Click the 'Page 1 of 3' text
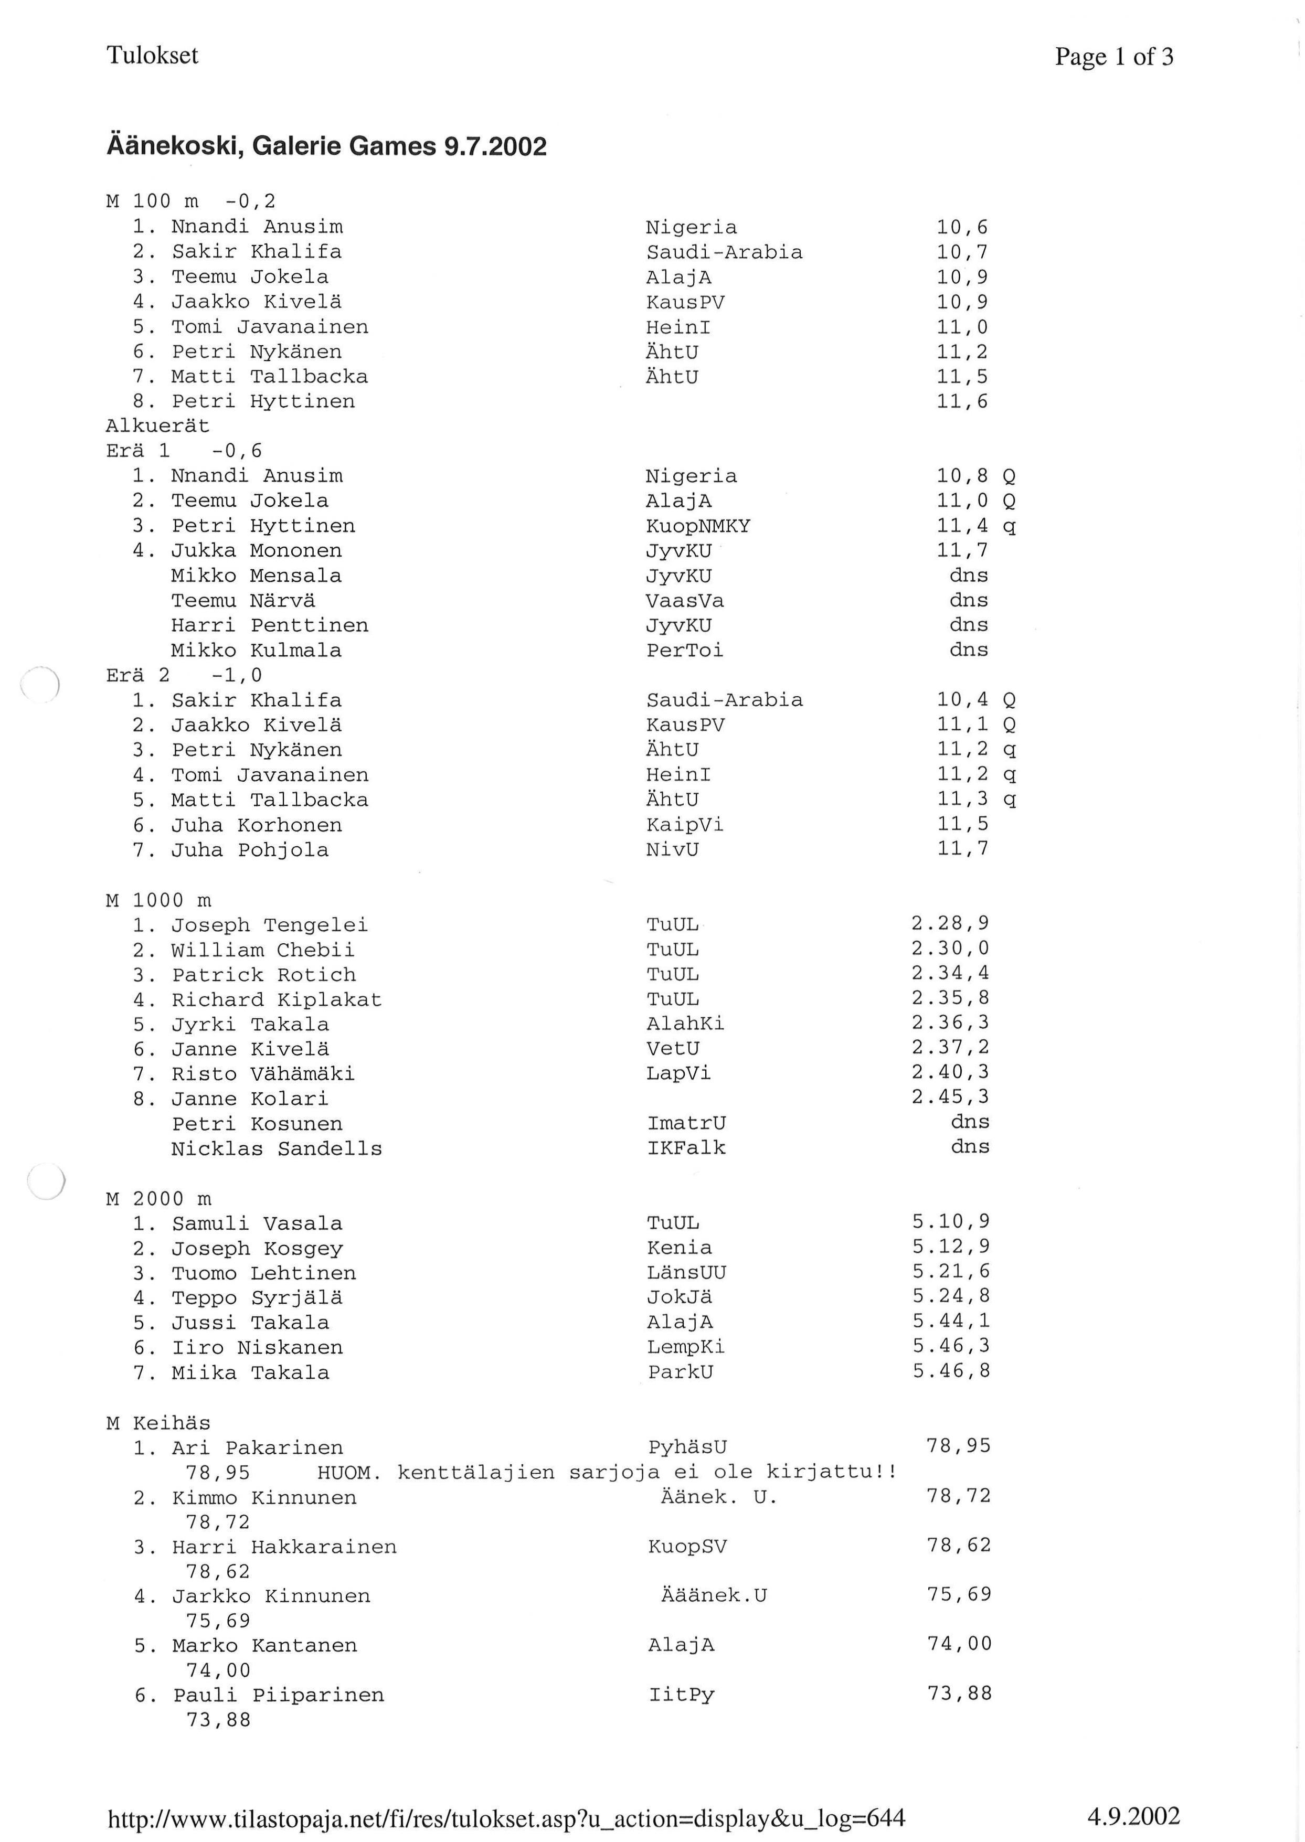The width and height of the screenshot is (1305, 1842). (x=1114, y=56)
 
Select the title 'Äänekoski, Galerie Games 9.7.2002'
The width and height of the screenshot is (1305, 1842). (x=326, y=146)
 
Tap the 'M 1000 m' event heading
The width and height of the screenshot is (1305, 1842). (x=159, y=900)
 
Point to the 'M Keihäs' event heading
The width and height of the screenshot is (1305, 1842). (x=158, y=1423)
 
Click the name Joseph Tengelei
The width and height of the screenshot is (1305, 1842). (x=269, y=925)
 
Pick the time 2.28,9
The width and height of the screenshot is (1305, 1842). (x=950, y=924)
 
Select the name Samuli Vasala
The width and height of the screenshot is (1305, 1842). (x=257, y=1223)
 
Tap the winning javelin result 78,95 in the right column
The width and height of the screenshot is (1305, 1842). (x=958, y=1446)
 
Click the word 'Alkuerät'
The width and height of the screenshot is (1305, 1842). (x=157, y=426)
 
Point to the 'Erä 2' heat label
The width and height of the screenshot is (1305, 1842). (x=137, y=676)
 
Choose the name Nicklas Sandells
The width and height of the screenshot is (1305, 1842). (x=277, y=1149)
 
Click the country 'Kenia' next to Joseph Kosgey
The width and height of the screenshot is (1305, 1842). (x=679, y=1248)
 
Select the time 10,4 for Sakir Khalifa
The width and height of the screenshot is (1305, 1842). (x=962, y=700)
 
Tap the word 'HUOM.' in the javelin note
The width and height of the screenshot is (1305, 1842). (x=349, y=1473)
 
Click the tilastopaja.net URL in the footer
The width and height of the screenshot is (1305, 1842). (x=506, y=1818)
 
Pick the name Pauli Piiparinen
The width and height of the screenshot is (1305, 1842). (x=278, y=1695)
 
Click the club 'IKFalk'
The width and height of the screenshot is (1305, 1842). (x=686, y=1148)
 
